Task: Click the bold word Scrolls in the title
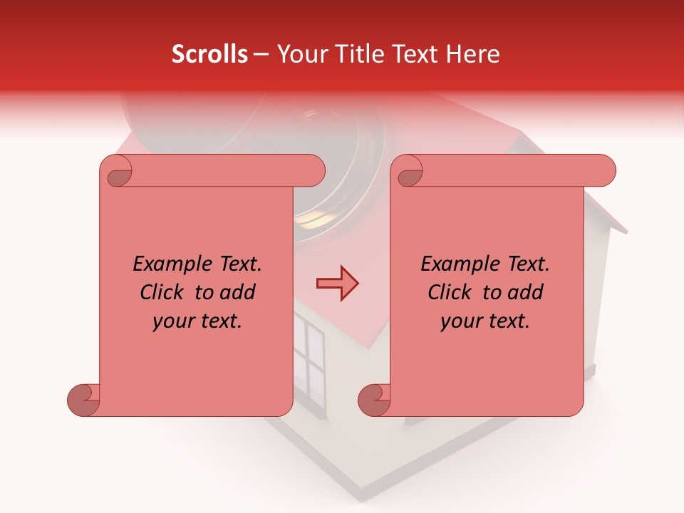[x=210, y=54]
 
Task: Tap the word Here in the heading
[x=475, y=54]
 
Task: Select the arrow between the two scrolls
[x=337, y=284]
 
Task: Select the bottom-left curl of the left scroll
[x=83, y=400]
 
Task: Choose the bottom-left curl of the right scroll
[x=374, y=400]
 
